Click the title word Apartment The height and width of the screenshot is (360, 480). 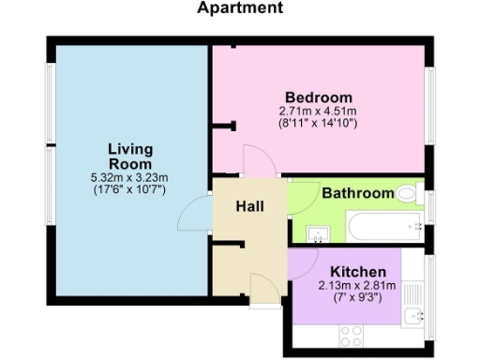(240, 8)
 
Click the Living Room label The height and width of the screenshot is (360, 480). (130, 157)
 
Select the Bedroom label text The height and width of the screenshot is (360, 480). (319, 97)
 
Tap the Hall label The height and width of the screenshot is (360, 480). (248, 206)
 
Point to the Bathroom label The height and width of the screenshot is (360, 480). (358, 194)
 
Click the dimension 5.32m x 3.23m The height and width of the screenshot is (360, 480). (130, 178)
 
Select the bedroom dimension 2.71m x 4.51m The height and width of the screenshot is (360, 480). (319, 111)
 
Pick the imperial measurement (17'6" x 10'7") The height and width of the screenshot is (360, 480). (130, 190)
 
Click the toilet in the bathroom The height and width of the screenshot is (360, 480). (406, 195)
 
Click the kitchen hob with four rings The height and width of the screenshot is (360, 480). (352, 335)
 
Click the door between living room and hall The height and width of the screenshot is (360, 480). (194, 216)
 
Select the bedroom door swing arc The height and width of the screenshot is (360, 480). (255, 160)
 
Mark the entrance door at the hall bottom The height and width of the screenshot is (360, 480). (262, 289)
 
